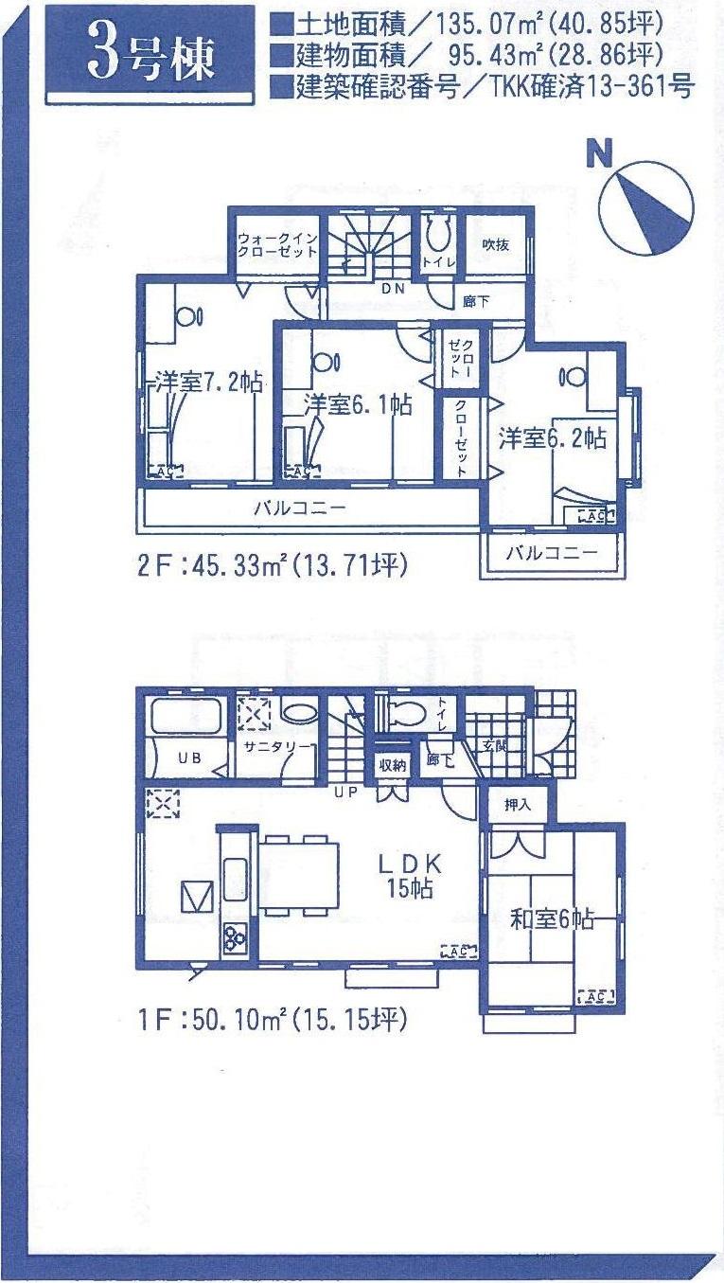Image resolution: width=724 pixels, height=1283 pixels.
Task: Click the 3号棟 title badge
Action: (x=150, y=54)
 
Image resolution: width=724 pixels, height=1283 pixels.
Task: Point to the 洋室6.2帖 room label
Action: (x=554, y=437)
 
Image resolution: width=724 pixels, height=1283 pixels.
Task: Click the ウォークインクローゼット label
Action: (x=274, y=248)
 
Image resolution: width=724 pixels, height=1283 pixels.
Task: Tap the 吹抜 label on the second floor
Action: (x=495, y=244)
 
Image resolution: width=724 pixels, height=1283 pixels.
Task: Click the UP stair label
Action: (x=344, y=792)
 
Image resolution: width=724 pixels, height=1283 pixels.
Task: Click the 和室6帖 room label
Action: (x=553, y=918)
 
